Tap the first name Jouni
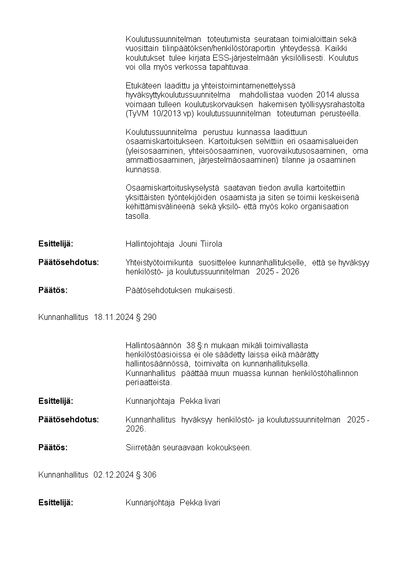190,244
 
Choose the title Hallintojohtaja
151,244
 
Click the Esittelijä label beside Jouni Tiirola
56,244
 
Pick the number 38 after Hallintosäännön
190,345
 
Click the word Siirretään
143,447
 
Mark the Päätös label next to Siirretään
53,447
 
